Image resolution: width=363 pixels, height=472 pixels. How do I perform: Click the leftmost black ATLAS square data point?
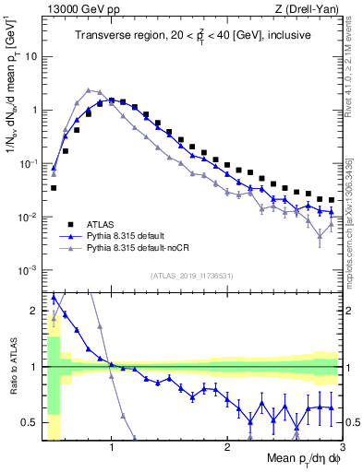(54, 188)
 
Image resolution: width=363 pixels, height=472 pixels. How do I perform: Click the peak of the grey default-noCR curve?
(88, 90)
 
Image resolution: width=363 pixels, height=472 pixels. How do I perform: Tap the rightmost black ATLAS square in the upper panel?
(331, 199)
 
